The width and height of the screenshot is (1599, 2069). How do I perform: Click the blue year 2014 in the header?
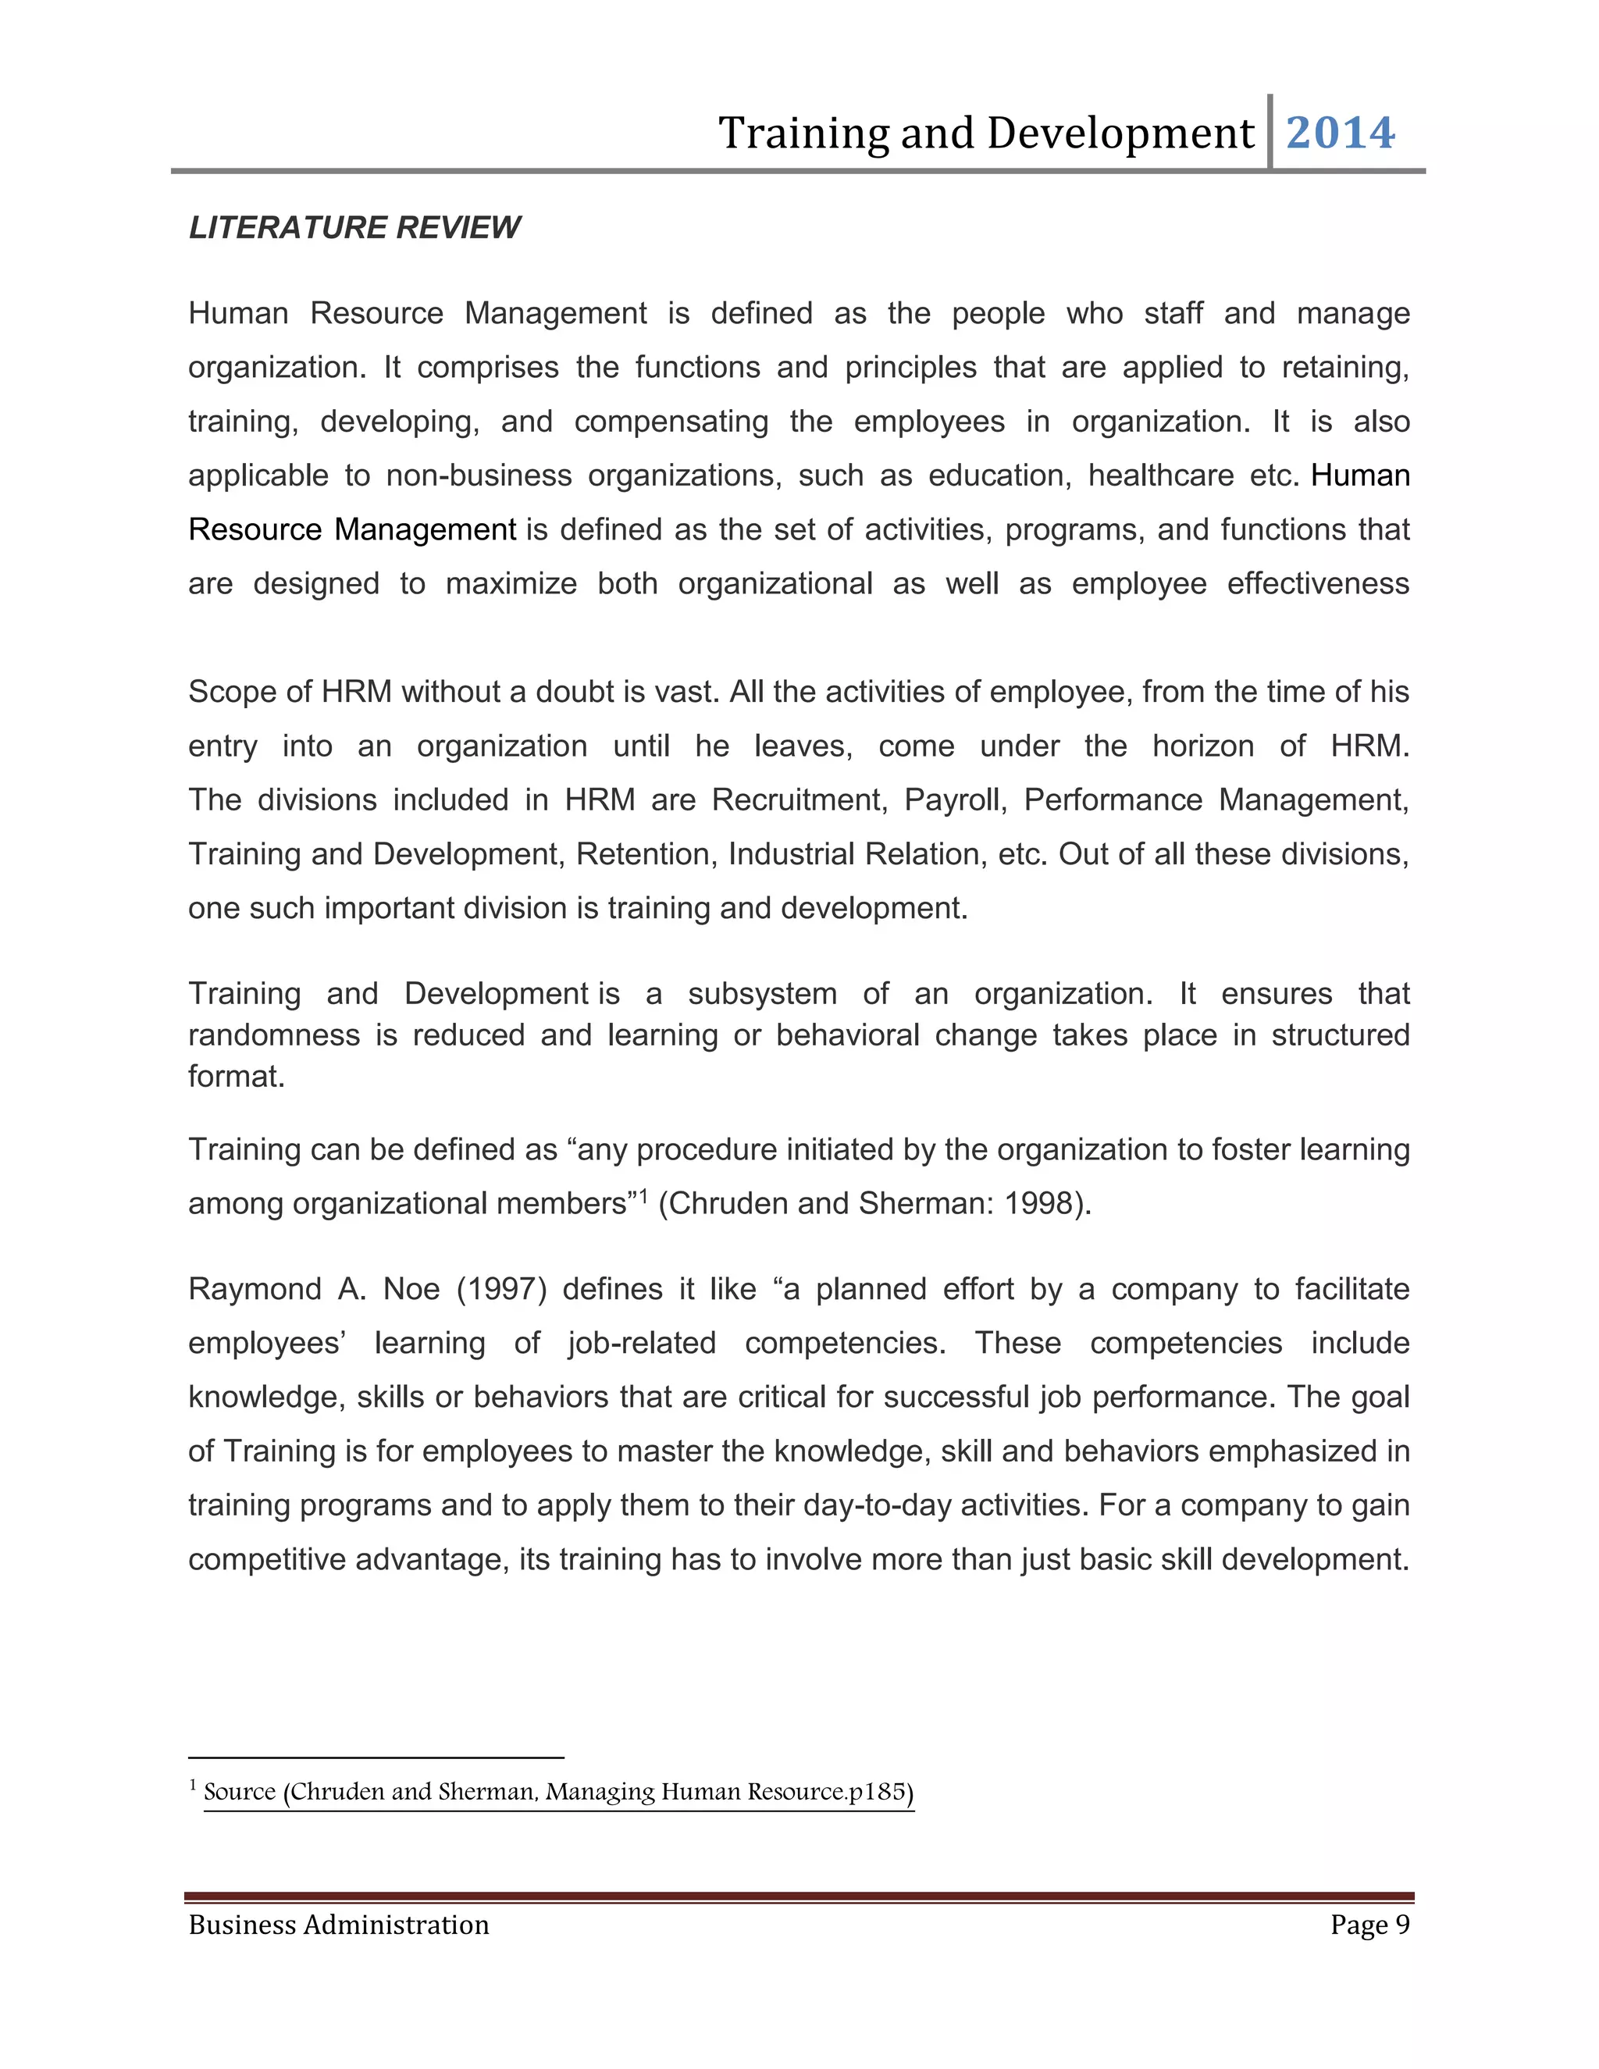(x=1340, y=133)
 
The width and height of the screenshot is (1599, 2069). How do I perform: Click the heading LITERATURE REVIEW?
(x=354, y=228)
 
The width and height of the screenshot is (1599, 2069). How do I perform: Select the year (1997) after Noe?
(x=501, y=1289)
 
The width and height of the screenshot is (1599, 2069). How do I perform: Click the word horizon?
(x=1202, y=746)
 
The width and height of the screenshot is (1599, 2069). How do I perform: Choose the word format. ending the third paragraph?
(x=236, y=1077)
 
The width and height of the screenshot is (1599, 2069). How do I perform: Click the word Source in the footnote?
(x=239, y=1791)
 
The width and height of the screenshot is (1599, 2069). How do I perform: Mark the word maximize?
(x=511, y=583)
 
